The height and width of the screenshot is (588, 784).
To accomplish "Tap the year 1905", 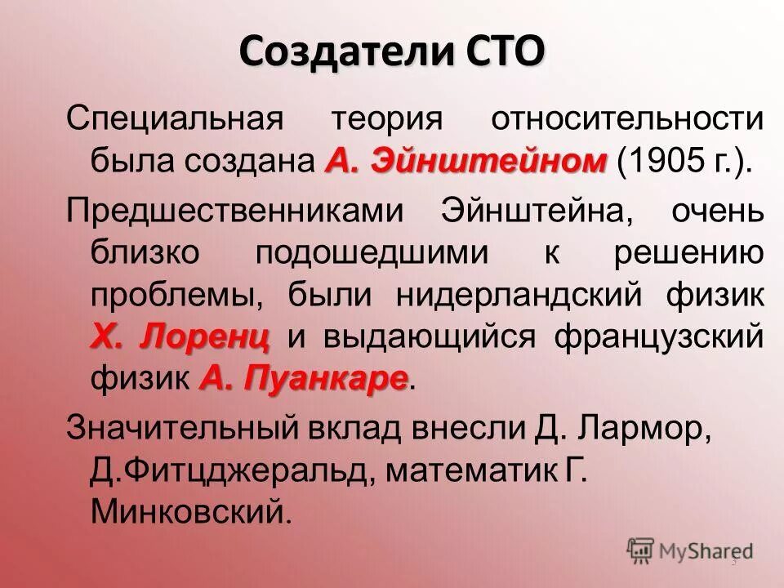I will point(662,161).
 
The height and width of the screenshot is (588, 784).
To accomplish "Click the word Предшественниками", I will point(235,212).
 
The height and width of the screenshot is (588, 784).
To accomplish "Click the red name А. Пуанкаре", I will point(303,378).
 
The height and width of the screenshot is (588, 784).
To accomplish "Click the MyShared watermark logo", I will point(690,551).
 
